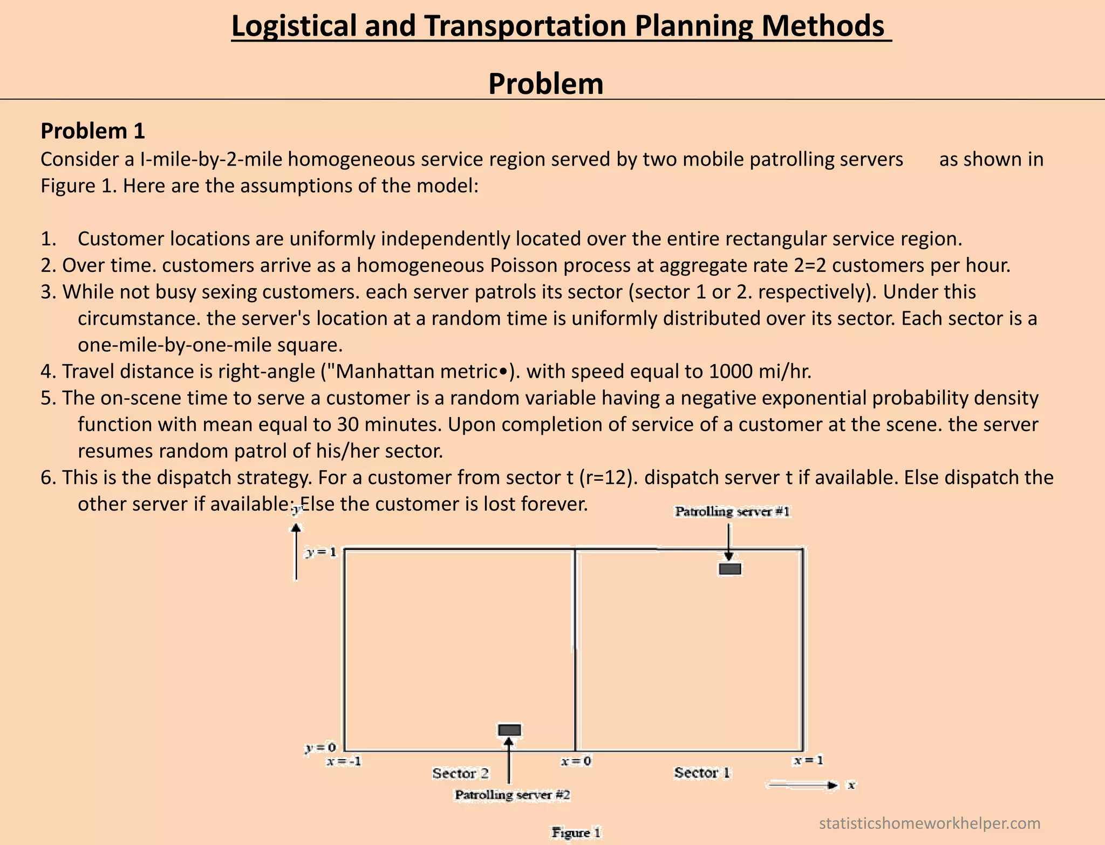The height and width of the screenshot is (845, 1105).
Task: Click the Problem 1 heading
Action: pos(93,131)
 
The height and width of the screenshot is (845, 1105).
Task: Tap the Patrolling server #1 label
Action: pos(732,512)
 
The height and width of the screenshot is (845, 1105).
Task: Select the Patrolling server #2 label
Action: pos(513,795)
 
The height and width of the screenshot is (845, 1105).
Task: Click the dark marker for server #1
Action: pos(729,569)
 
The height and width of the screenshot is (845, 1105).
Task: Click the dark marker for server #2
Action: pos(509,730)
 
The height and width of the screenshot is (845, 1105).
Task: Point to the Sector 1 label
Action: pos(702,773)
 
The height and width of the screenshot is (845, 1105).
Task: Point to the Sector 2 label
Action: pos(460,773)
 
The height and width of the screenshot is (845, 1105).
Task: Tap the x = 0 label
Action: pos(576,761)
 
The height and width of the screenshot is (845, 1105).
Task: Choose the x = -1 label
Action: pos(344,761)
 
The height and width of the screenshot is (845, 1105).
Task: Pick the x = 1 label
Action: pos(808,760)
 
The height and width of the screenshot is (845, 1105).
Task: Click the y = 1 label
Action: pos(321,552)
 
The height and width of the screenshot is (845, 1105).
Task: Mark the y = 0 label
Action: pos(320,747)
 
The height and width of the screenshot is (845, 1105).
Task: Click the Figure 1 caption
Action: pos(576,833)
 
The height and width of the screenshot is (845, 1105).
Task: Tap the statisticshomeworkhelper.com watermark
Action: pos(929,823)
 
